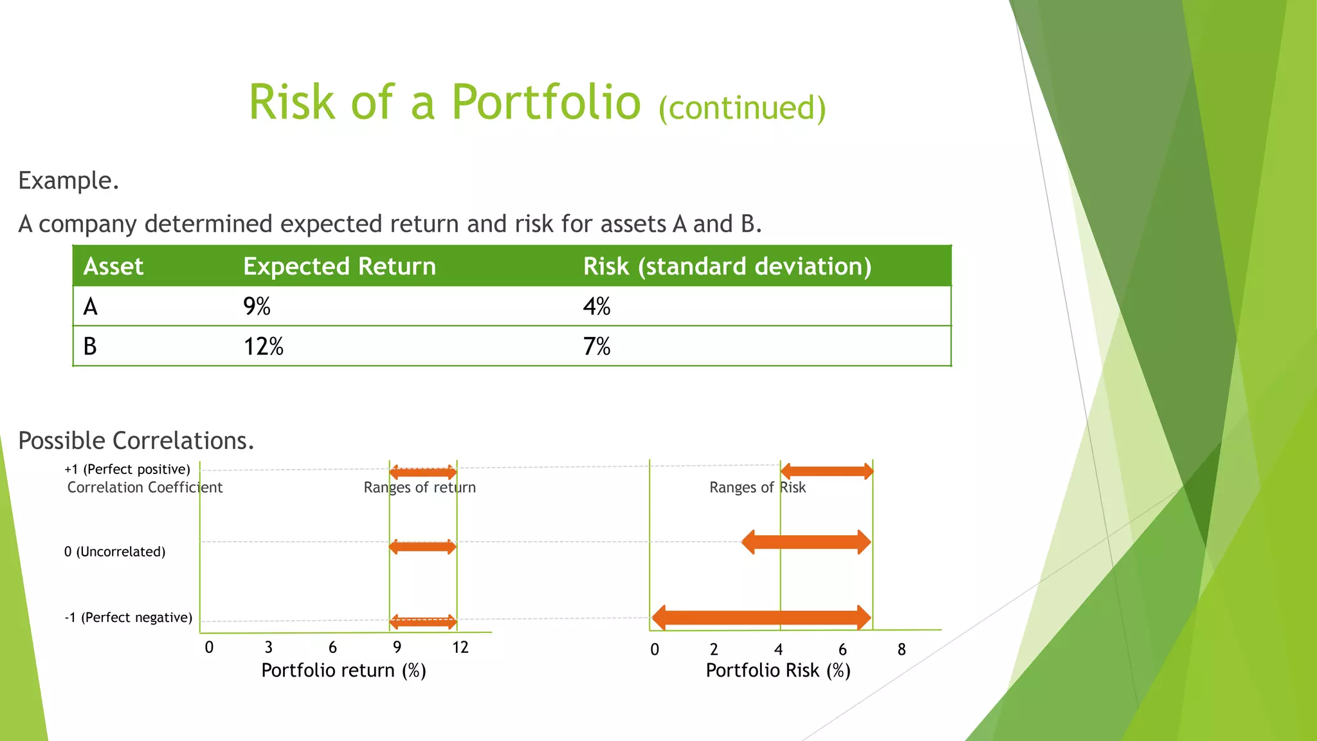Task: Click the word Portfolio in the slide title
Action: click(546, 103)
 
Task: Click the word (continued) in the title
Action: click(741, 108)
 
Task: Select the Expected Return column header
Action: click(340, 266)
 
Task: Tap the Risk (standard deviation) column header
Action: click(727, 266)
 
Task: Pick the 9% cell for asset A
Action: click(257, 306)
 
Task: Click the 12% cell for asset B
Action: click(263, 347)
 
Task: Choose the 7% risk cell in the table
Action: click(596, 347)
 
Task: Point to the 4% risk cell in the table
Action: click(596, 306)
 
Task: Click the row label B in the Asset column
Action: click(90, 347)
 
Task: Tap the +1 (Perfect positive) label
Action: click(127, 470)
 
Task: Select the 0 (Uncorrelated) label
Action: click(114, 552)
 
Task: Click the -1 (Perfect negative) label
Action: click(128, 617)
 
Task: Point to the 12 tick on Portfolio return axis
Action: click(460, 647)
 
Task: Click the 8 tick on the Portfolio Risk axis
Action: click(901, 650)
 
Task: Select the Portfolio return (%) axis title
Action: click(343, 670)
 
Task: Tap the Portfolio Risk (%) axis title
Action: click(778, 670)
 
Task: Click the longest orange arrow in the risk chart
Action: click(761, 618)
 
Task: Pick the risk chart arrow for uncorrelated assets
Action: click(806, 542)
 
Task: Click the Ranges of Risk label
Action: click(757, 488)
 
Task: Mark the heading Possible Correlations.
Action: click(136, 441)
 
